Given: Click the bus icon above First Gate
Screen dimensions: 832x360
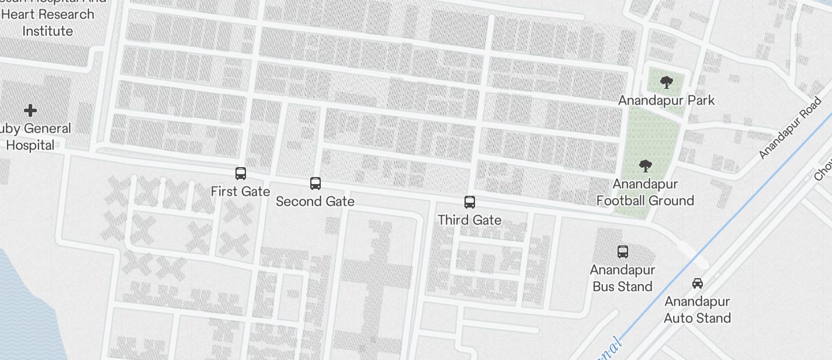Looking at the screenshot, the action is (x=240, y=174).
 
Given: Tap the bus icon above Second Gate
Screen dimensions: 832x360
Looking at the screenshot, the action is (x=315, y=184).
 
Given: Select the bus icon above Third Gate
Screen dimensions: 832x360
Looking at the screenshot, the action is (x=469, y=202).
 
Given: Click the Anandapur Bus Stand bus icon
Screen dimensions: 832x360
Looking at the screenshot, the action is (x=623, y=252).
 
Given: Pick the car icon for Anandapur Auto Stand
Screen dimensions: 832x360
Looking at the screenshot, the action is (x=697, y=283).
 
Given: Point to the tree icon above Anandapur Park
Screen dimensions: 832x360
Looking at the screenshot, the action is (x=665, y=82).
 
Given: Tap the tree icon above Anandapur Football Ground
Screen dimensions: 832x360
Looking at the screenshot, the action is (x=645, y=167).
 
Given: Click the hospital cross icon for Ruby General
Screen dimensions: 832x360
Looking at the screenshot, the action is (x=30, y=110).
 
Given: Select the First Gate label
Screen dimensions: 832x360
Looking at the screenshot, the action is (x=240, y=191).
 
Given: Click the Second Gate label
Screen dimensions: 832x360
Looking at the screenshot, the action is (x=315, y=201).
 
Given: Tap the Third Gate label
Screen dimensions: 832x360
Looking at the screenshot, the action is (x=469, y=220).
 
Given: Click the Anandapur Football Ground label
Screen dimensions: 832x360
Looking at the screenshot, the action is (x=645, y=192).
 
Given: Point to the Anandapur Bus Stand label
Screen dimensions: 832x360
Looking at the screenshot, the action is (x=622, y=278).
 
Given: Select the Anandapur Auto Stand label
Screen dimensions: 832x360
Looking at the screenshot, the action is (x=697, y=310).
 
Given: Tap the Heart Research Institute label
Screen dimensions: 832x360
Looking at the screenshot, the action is (x=48, y=22).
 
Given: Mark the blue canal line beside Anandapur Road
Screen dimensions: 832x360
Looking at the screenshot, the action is (x=730, y=221).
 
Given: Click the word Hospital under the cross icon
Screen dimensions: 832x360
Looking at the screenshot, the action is (x=30, y=145).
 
